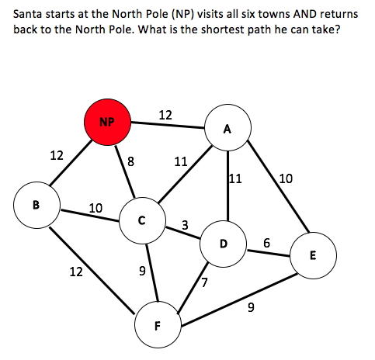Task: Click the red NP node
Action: (x=107, y=122)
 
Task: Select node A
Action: (x=227, y=127)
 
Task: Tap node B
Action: (x=37, y=205)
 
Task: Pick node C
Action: (x=142, y=220)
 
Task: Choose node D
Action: (x=223, y=244)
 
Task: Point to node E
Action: (x=314, y=255)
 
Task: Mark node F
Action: (x=158, y=325)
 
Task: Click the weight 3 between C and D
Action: (x=185, y=225)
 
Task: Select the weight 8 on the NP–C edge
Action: (x=131, y=161)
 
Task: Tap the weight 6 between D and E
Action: (x=266, y=243)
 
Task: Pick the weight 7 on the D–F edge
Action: (x=204, y=282)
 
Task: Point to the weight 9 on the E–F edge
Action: (x=251, y=307)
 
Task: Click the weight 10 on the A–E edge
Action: (x=286, y=178)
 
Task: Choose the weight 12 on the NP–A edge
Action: (x=165, y=115)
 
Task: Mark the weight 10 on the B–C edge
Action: (x=95, y=208)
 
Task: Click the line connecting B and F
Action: (x=92, y=271)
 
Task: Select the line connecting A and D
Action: (x=228, y=185)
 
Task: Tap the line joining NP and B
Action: (x=71, y=163)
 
